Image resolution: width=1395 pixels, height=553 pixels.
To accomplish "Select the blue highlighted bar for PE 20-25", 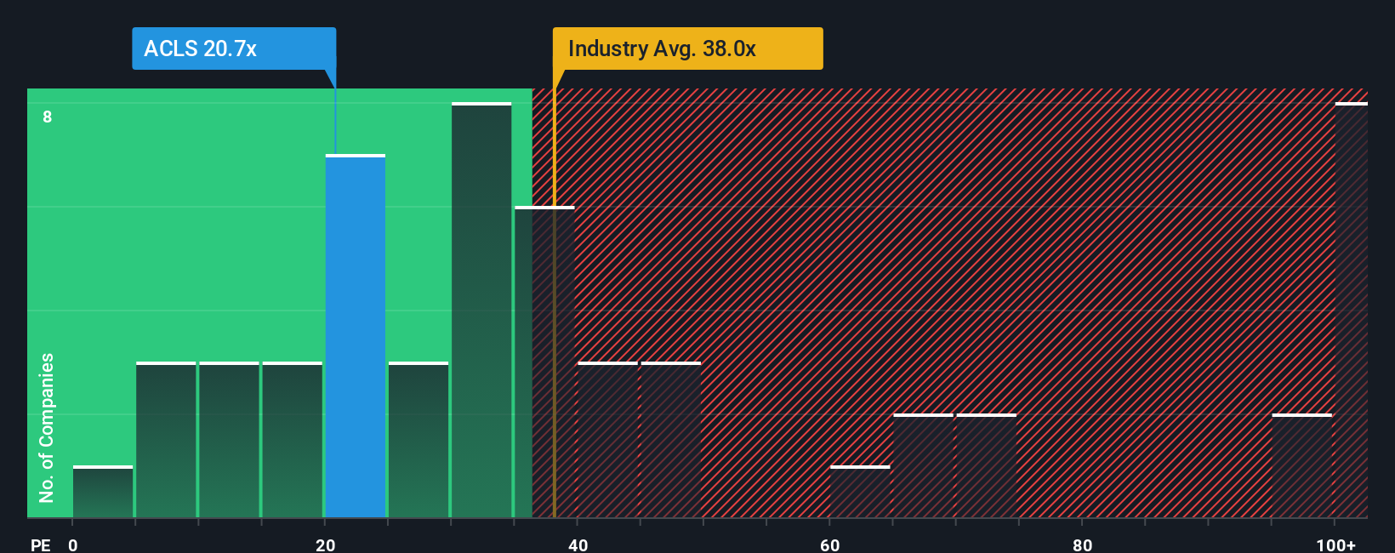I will click(356, 337).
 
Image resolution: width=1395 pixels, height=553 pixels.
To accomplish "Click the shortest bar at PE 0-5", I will click(103, 492).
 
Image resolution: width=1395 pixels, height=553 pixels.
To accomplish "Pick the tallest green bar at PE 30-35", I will click(481, 311).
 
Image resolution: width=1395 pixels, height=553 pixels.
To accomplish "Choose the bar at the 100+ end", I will click(1351, 311).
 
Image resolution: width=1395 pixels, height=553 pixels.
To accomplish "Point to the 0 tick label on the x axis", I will click(73, 544).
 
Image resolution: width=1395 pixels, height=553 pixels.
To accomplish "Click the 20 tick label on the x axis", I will click(325, 544).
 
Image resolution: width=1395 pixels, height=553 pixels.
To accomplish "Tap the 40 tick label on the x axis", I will click(578, 544).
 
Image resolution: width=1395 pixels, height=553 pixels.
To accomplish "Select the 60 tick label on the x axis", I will click(829, 544).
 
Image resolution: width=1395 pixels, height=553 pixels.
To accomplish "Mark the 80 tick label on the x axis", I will click(1082, 544).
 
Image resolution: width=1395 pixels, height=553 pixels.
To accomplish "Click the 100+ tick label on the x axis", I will click(1335, 544).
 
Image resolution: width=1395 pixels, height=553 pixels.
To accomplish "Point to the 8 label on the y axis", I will click(48, 117).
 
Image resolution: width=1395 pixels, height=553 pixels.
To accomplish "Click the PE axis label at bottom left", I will click(40, 544).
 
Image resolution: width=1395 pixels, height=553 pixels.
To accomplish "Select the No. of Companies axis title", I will click(46, 427).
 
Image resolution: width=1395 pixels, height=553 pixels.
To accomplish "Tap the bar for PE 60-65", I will click(860, 492).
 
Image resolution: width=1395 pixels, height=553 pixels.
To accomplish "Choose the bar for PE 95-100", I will click(1301, 466).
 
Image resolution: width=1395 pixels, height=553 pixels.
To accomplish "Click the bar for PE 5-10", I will click(166, 440).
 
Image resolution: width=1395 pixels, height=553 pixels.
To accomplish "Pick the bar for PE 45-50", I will click(671, 440).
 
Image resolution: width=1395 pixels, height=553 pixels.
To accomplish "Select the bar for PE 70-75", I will click(987, 466).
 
